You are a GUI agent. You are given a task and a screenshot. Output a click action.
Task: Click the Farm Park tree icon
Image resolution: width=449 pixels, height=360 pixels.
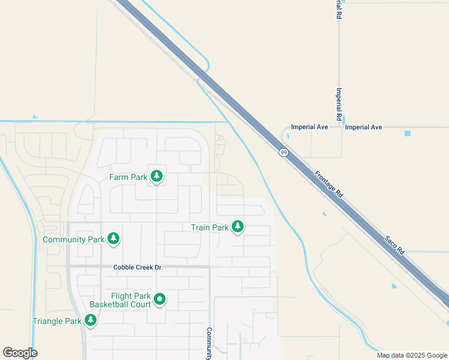(157, 176)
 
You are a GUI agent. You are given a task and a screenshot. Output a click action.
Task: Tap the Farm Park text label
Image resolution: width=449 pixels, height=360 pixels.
(128, 177)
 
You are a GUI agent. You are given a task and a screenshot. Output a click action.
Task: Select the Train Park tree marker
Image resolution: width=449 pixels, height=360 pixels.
(238, 227)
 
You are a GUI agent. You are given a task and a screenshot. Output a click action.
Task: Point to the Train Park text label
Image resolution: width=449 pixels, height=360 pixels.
(209, 227)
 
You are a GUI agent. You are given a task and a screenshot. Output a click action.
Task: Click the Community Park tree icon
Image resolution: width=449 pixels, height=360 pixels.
(113, 239)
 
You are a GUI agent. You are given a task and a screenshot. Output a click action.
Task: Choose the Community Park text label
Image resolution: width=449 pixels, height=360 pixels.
(74, 239)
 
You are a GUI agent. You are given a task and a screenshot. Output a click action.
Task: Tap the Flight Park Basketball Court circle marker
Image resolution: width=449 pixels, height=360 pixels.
(160, 299)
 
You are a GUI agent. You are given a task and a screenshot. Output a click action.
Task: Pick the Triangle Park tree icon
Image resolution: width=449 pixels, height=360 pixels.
(91, 320)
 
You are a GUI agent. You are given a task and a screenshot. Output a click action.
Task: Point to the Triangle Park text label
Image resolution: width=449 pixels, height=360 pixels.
(56, 321)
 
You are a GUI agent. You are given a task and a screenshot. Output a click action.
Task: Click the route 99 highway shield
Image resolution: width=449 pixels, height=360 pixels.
(282, 153)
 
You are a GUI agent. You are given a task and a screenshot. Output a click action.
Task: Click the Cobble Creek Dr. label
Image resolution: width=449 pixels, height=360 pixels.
(138, 266)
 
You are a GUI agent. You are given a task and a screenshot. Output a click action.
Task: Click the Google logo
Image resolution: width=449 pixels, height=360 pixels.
(20, 353)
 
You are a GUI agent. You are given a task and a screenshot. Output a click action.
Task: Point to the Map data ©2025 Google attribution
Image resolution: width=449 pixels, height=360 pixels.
(412, 355)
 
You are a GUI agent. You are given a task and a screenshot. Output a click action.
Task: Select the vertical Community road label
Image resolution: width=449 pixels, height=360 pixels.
(209, 343)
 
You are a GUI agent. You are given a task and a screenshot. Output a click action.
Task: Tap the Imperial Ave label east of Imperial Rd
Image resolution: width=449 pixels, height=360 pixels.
(364, 127)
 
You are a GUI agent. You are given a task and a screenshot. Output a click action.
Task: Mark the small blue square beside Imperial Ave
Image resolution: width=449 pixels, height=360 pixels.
(408, 133)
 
